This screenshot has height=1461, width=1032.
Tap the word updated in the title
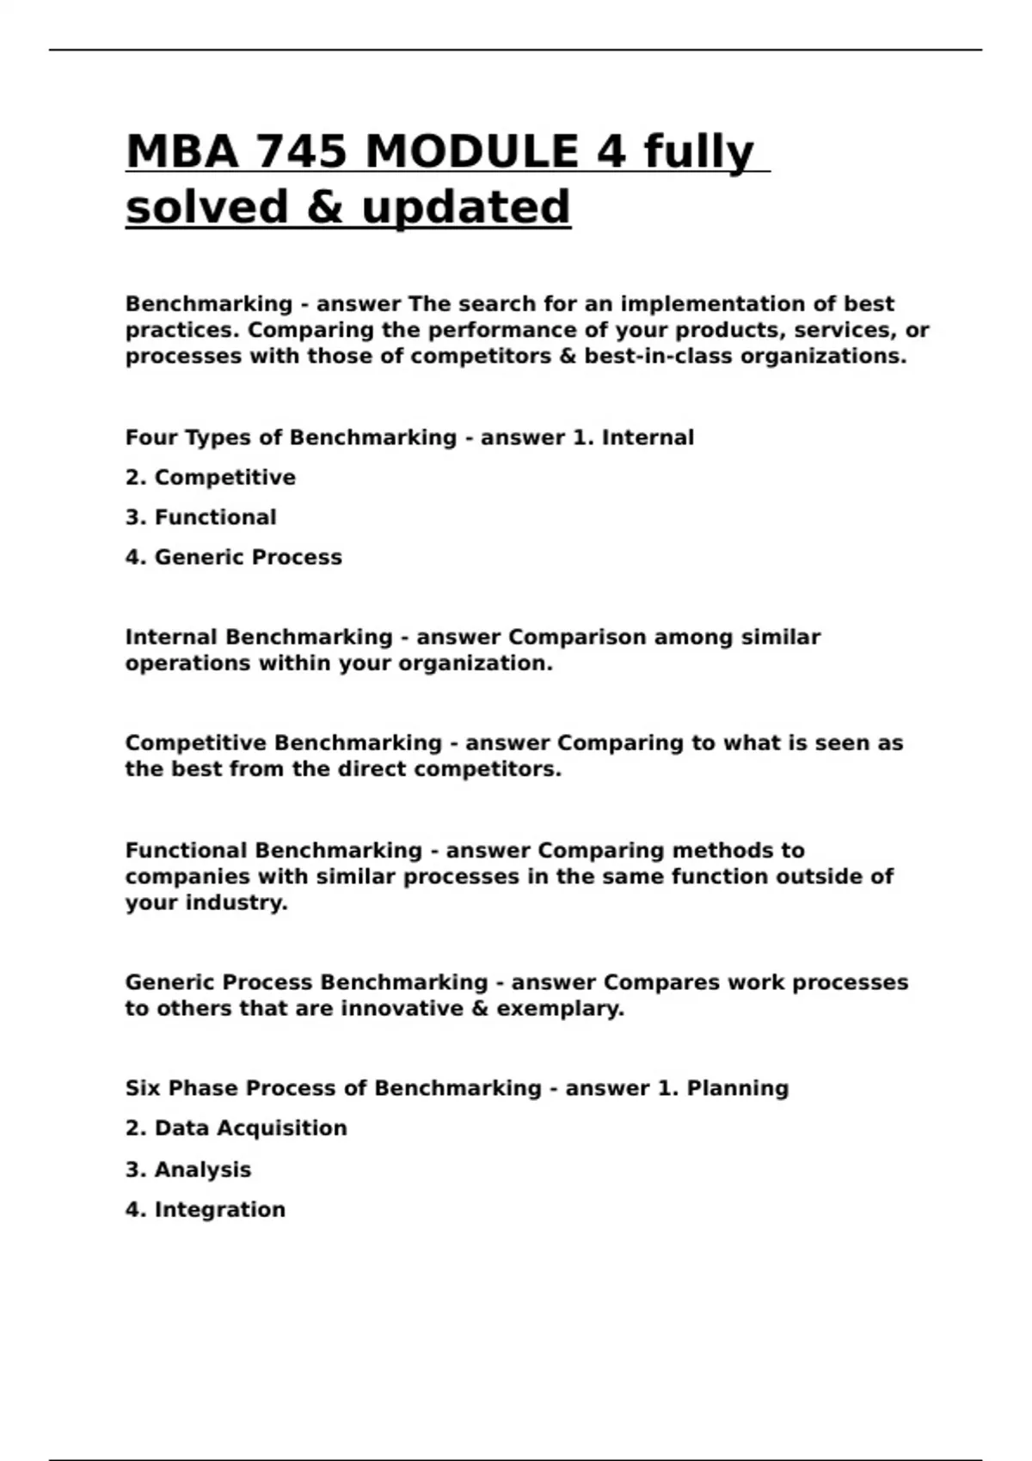(x=465, y=207)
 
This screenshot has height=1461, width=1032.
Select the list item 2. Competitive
(x=211, y=478)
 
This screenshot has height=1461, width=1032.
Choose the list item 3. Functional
(x=201, y=517)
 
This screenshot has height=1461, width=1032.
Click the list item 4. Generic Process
(x=234, y=558)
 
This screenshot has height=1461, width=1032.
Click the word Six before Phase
(x=143, y=1088)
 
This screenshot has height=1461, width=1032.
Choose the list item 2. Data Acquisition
(x=236, y=1128)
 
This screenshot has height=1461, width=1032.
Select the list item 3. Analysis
(x=188, y=1170)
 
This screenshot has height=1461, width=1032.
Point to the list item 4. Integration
(x=206, y=1210)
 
